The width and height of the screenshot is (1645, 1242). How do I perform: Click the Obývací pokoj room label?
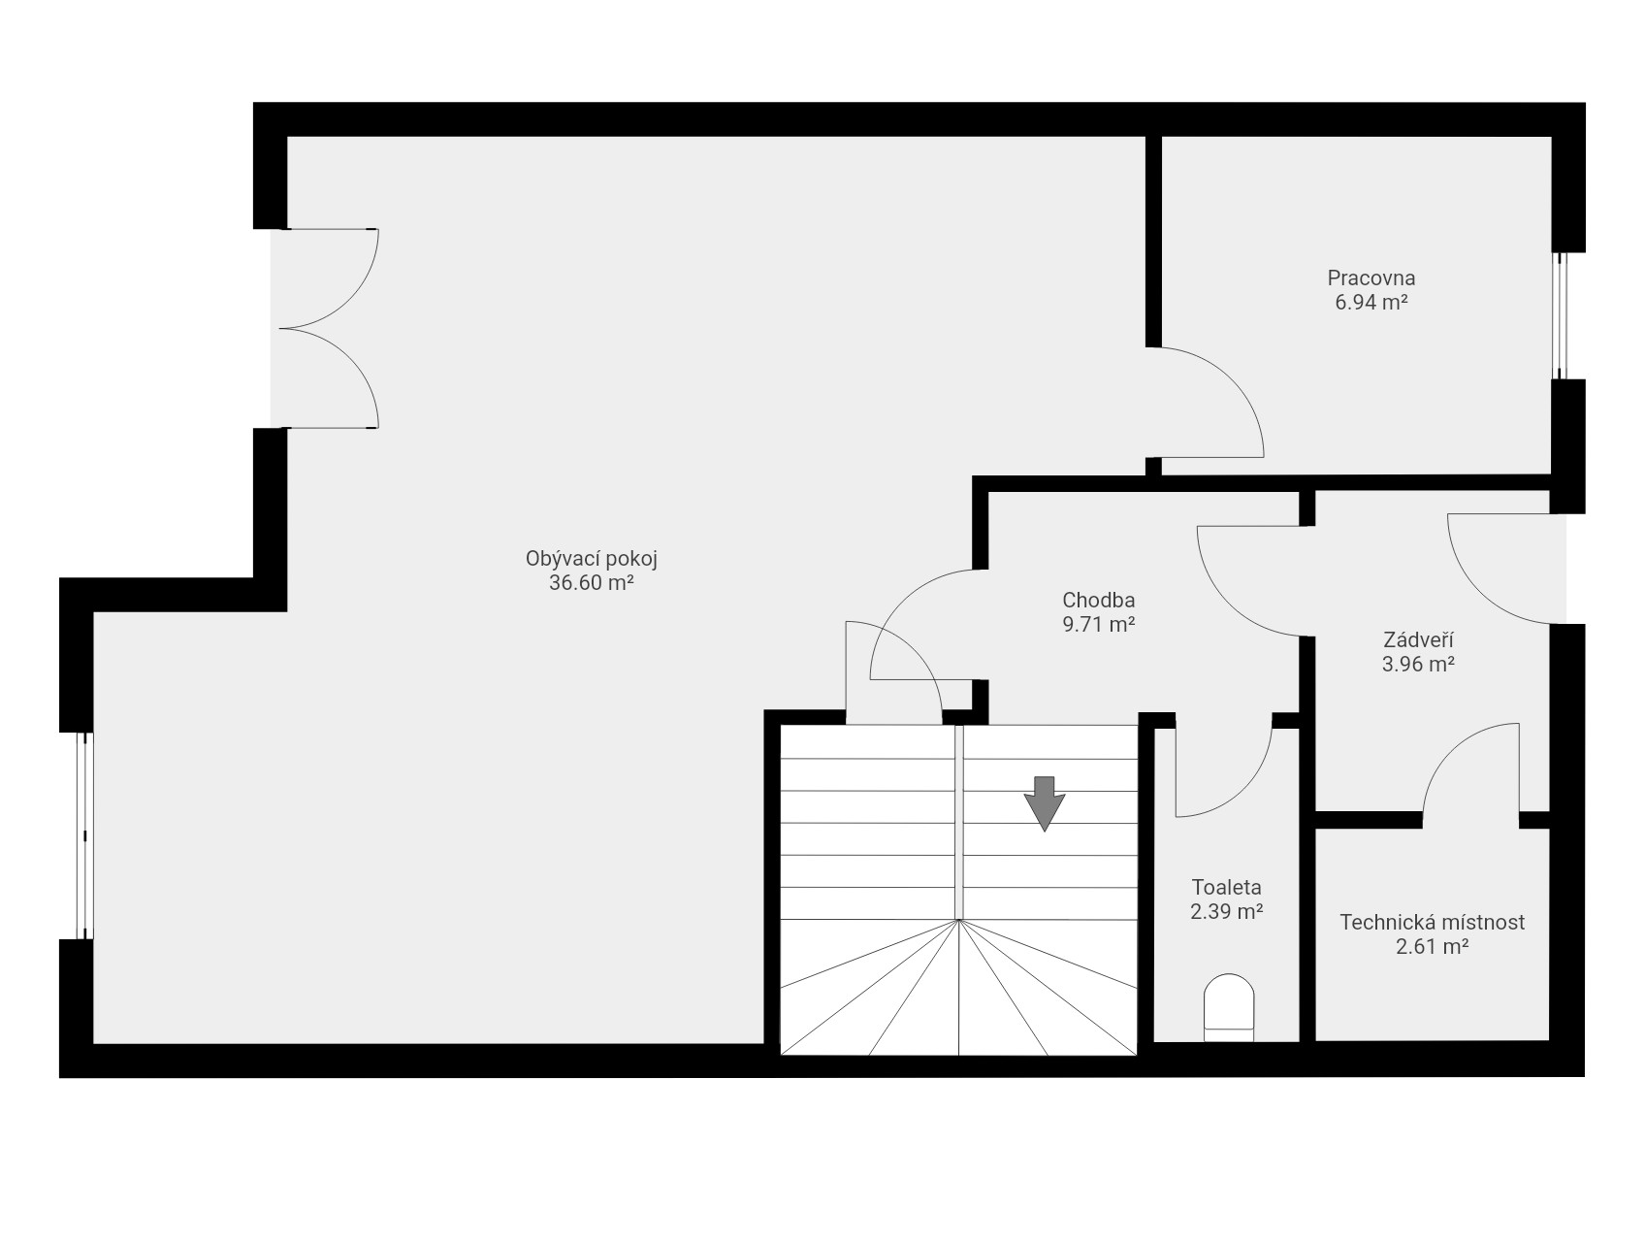[592, 559]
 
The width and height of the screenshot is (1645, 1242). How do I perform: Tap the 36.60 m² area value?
[592, 583]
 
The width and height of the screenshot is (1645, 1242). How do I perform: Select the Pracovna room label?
[1371, 278]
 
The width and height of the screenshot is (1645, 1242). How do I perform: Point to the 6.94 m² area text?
[1371, 302]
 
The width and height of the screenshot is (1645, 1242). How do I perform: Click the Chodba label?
[1099, 601]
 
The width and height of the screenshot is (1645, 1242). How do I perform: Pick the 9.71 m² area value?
[1099, 625]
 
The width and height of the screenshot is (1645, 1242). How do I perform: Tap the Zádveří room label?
[1418, 640]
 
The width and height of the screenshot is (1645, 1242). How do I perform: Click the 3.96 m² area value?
[1418, 665]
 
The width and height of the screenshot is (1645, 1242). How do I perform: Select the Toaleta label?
[1227, 887]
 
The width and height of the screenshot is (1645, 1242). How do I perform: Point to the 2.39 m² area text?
[1227, 911]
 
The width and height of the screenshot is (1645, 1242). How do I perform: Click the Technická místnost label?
[1432, 922]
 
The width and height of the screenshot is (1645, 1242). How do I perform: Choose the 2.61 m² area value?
[1432, 947]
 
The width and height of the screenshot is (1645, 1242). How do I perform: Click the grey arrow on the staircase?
[1045, 803]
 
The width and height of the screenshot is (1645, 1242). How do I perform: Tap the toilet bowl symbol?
[1229, 1009]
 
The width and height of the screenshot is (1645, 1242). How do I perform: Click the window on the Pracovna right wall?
[1561, 315]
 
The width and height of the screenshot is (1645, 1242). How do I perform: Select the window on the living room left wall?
[85, 835]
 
